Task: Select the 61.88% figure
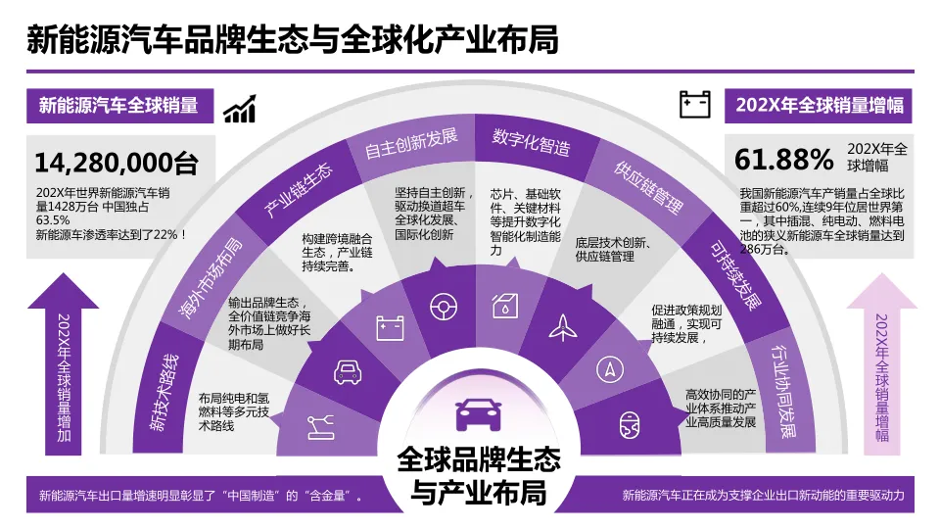(783, 159)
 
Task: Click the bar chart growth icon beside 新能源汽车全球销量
(239, 108)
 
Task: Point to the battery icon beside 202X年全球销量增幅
(695, 104)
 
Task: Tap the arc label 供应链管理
(647, 187)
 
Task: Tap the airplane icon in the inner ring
(564, 327)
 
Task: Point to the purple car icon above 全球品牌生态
(478, 413)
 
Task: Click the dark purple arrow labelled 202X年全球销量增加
(66, 362)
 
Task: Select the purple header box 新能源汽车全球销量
(118, 106)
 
